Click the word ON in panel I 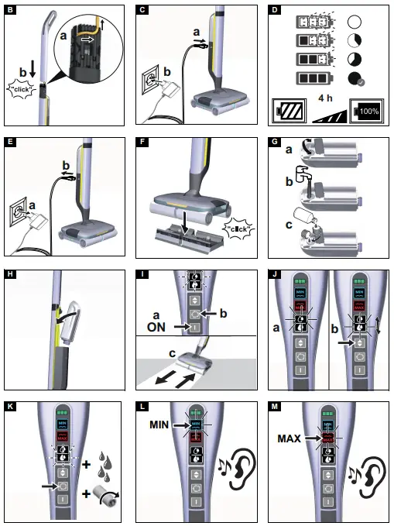click(158, 328)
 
